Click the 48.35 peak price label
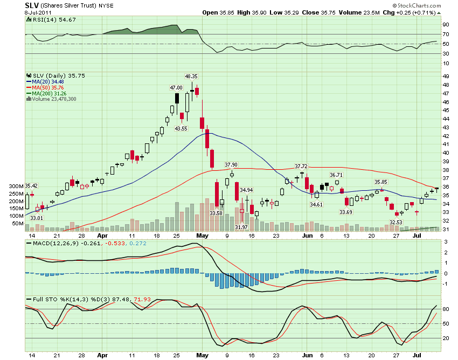(191, 77)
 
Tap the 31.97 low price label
(241, 227)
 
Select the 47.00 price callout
(176, 88)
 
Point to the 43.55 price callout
(181, 129)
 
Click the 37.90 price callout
(231, 165)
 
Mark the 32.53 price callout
(396, 223)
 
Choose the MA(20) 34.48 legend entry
(45, 82)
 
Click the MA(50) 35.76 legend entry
(45, 88)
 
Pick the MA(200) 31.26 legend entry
(46, 94)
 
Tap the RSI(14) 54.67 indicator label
(51, 19)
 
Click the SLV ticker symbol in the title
(32, 5)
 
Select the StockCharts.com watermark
(417, 5)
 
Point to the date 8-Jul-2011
(38, 12)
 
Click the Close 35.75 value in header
(318, 12)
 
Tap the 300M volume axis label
(16, 186)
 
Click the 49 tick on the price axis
(446, 77)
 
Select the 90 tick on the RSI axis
(446, 25)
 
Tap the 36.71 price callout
(336, 175)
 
